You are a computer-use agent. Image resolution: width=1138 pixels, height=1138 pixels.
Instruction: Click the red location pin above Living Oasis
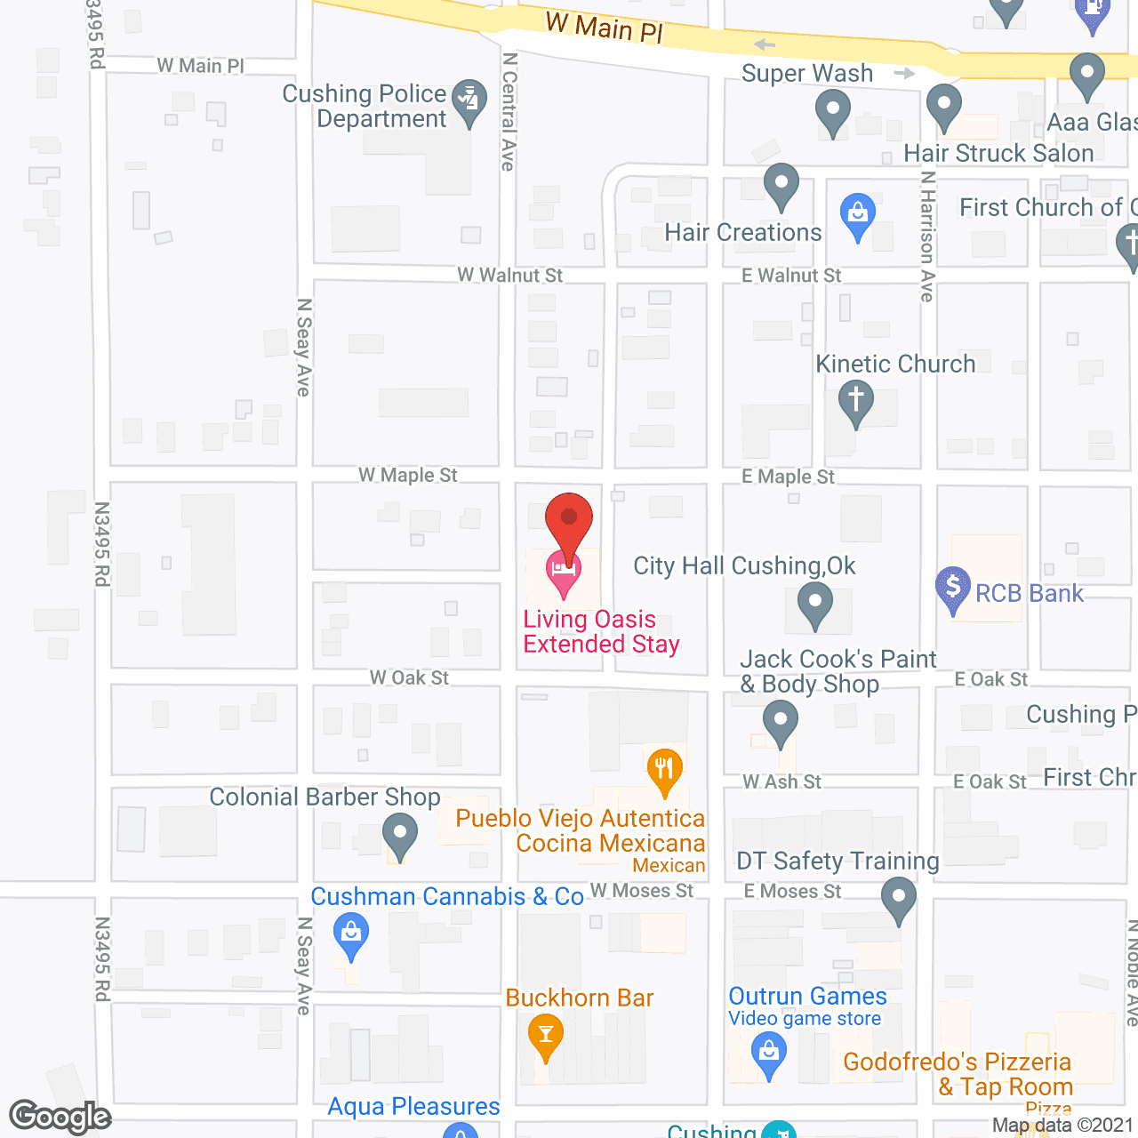(x=569, y=519)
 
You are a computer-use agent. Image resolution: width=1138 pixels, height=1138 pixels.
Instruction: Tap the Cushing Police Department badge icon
(x=469, y=101)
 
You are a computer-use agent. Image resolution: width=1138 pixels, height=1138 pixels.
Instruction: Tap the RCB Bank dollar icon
(x=953, y=588)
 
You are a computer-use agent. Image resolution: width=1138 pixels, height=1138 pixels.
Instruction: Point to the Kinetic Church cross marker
(x=855, y=400)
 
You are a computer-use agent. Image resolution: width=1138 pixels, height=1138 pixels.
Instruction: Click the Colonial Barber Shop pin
(x=399, y=837)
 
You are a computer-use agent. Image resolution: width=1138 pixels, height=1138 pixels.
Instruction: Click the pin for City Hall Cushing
(x=814, y=604)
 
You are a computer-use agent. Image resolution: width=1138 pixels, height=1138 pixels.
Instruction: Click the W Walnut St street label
(x=509, y=276)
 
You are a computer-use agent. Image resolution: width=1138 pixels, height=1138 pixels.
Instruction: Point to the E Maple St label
(x=788, y=477)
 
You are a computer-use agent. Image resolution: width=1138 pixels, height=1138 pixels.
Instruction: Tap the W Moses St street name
(x=641, y=891)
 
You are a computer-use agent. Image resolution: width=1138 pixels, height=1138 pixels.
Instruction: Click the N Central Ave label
(x=509, y=111)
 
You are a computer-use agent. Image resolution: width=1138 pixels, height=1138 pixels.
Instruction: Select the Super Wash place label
(x=807, y=74)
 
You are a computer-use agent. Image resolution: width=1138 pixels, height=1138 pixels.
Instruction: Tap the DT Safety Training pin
(x=899, y=899)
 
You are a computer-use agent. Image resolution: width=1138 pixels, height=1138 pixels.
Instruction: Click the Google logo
(x=60, y=1117)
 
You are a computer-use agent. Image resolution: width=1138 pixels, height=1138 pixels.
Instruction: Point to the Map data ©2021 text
(x=1062, y=1126)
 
